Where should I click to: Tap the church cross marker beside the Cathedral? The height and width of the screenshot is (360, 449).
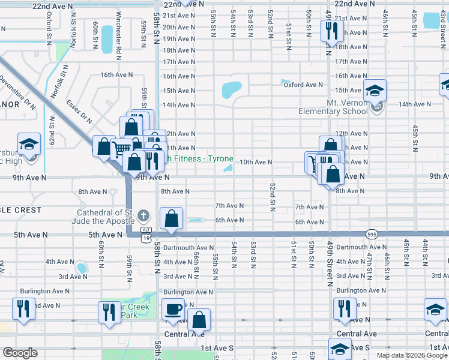[143, 215]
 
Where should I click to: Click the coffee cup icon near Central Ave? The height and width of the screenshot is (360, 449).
[173, 309]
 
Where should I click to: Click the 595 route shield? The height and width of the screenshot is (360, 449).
[372, 233]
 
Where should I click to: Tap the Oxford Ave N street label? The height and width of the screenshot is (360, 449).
[303, 85]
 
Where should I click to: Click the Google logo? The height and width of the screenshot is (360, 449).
[20, 353]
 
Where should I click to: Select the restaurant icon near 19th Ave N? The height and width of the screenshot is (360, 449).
[330, 29]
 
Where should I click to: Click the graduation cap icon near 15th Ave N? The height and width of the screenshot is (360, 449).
[375, 91]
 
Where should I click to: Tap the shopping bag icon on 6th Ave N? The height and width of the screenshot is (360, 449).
[172, 218]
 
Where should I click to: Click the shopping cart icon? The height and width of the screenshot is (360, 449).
[121, 148]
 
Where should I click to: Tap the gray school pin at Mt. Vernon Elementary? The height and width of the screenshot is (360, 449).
[376, 108]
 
